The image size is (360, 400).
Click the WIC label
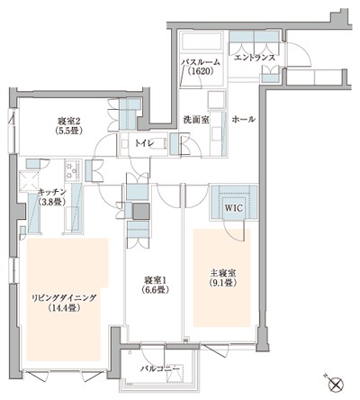tap(234, 205)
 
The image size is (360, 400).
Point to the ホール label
tap(243, 119)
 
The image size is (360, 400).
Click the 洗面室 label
tap(196, 119)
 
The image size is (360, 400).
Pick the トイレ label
tap(144, 141)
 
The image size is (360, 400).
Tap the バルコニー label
tap(157, 369)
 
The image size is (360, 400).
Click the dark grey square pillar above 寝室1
tap(141, 212)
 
